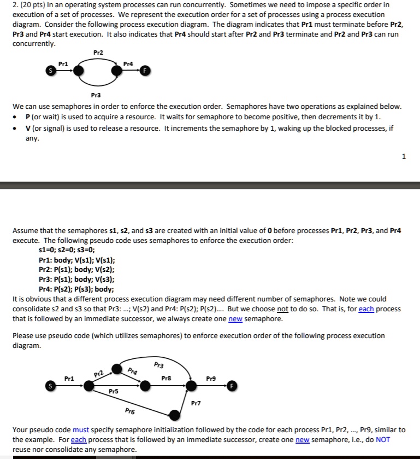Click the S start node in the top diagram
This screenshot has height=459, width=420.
click(x=51, y=71)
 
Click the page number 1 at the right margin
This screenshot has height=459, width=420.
click(x=404, y=156)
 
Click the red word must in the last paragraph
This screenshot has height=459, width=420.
click(x=80, y=430)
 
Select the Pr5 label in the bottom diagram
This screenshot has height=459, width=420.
click(x=113, y=392)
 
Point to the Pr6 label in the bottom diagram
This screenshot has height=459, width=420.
click(x=129, y=411)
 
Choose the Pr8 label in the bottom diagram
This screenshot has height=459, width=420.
click(x=167, y=378)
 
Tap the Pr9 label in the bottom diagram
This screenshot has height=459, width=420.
click(x=211, y=378)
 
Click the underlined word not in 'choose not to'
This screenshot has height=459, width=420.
click(x=282, y=309)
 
